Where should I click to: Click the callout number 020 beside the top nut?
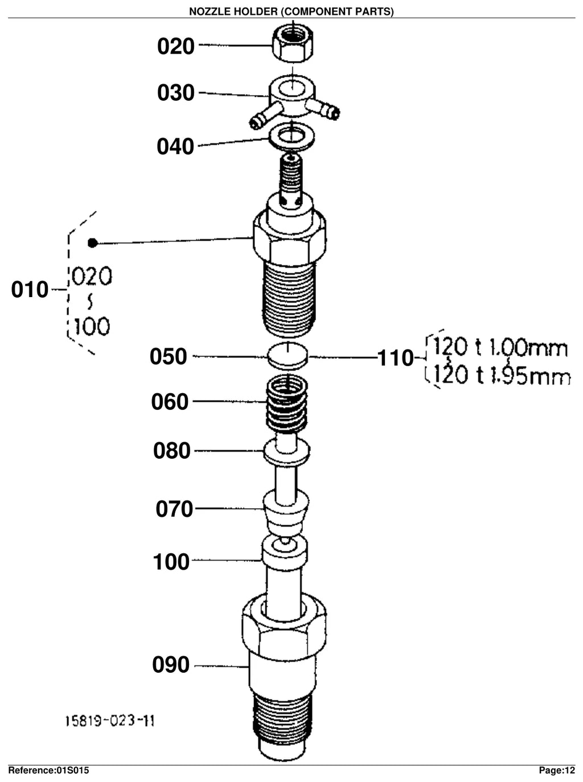pos(176,46)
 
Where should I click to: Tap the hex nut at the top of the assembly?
pos(293,43)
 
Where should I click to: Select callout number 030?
pos(176,93)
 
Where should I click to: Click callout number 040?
pos(175,146)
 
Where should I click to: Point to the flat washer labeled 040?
pos(291,137)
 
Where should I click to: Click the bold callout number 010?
pos(30,289)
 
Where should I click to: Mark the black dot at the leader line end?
pos(93,243)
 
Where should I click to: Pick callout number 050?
pos(168,356)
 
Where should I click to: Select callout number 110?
pos(395,357)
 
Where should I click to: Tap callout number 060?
pos(170,401)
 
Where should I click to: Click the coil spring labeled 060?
pos(287,405)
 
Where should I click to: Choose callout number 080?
pos(172,451)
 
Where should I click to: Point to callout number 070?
pos(174,509)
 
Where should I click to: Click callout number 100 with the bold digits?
pos(171,562)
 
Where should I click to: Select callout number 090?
pos(171,664)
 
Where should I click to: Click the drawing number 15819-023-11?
pos(110,721)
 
